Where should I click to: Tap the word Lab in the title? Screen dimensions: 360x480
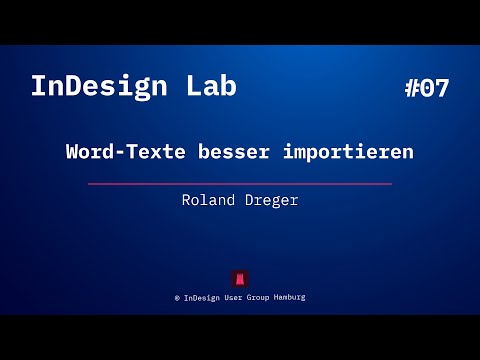(210, 87)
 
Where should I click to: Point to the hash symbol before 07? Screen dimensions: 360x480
(413, 88)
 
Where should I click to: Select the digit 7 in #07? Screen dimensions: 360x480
(441, 88)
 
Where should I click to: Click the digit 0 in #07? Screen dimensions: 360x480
(427, 88)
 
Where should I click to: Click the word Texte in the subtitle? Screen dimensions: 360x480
(158, 153)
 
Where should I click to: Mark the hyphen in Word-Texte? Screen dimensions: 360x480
(122, 154)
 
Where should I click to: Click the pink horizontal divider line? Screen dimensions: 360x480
(240, 184)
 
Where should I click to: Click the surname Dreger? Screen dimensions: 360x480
(272, 200)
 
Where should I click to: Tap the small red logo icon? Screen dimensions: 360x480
(240, 278)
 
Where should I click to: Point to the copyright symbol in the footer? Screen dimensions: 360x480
(177, 298)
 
